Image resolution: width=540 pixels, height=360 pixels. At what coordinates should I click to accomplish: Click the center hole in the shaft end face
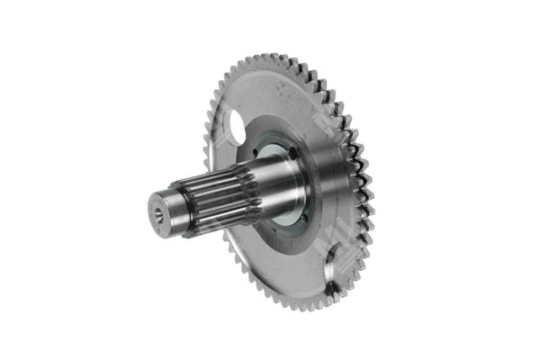click(158, 213)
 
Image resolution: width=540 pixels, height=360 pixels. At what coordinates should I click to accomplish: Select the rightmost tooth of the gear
click(370, 184)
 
